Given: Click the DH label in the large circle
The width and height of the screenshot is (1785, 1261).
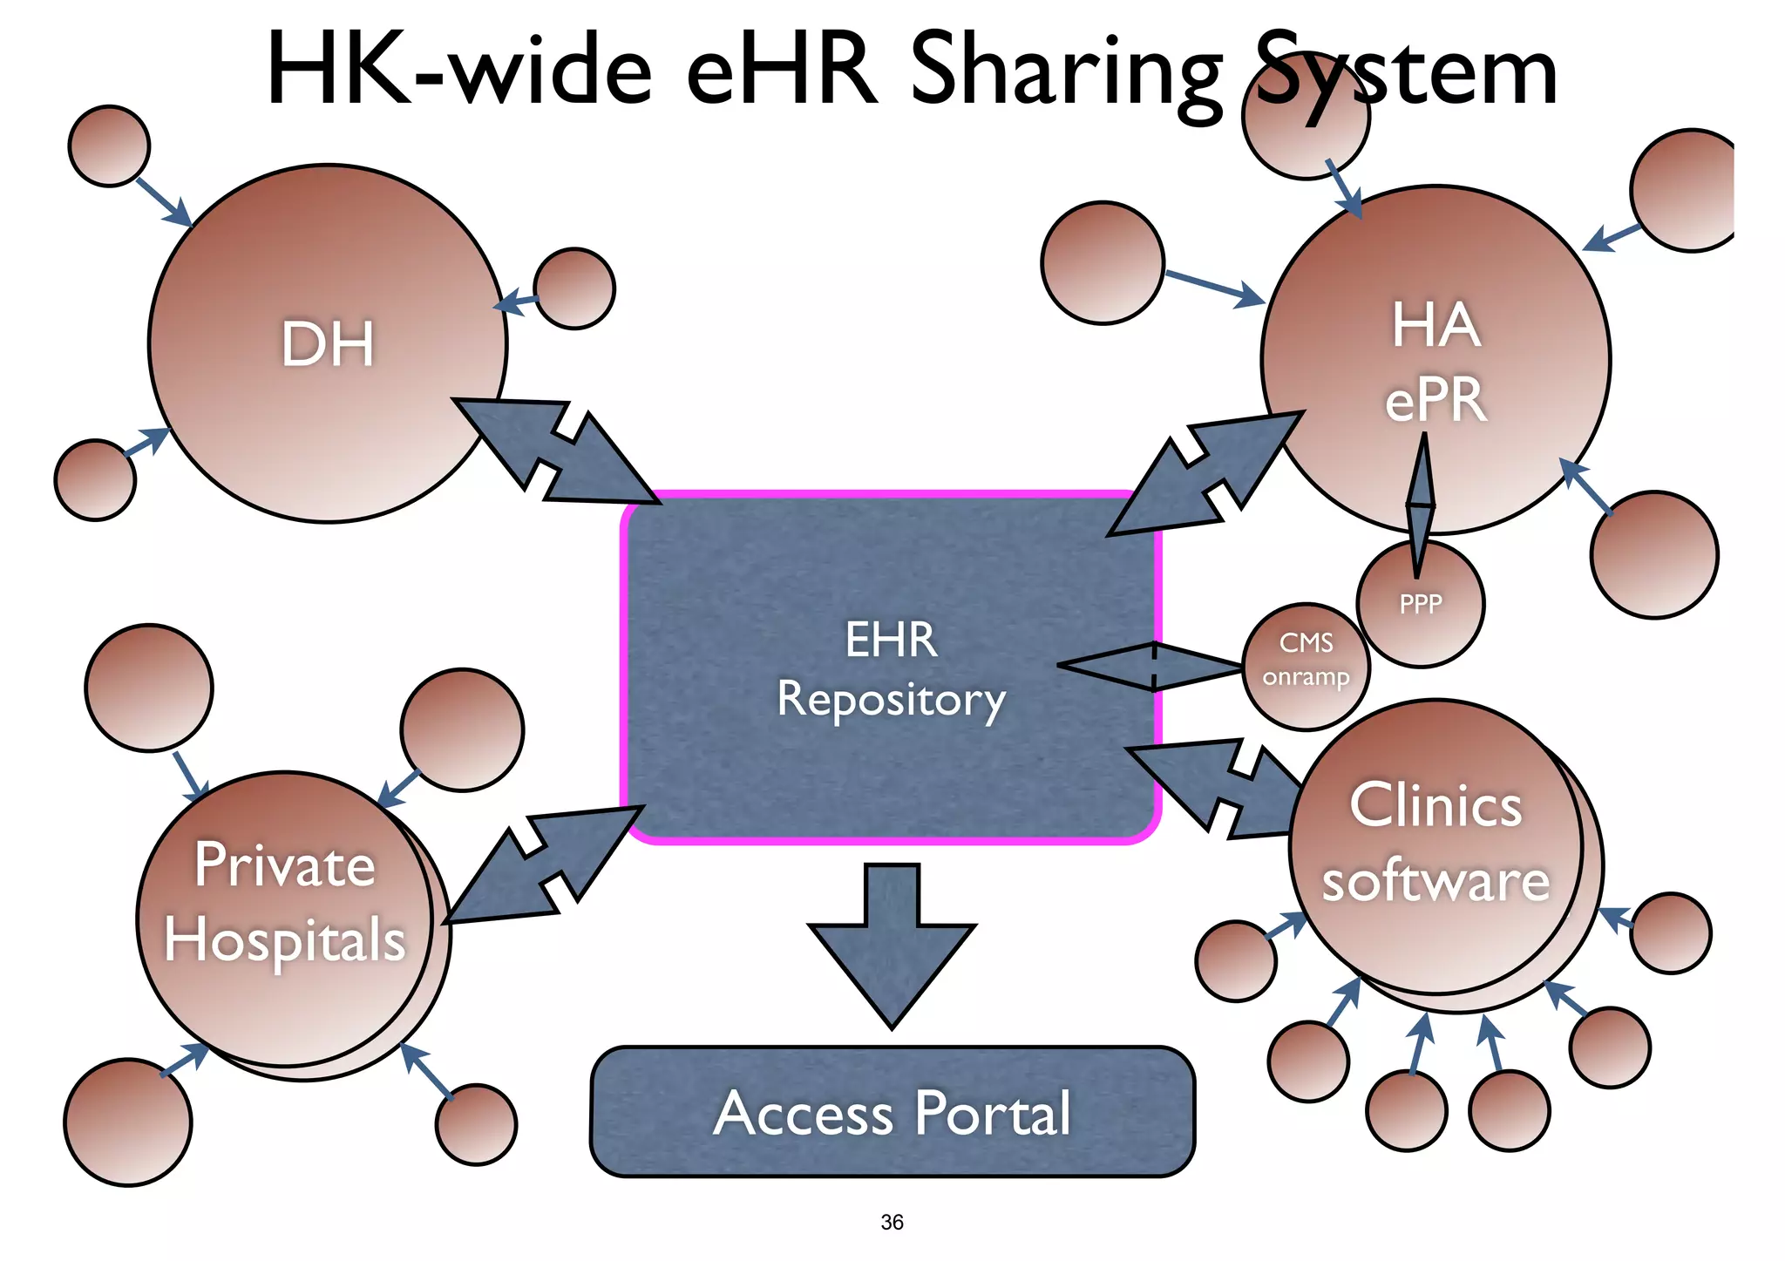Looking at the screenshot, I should pyautogui.click(x=328, y=343).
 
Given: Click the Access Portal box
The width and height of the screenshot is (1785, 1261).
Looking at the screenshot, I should pyautogui.click(x=892, y=1112).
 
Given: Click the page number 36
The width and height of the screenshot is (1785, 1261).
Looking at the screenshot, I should pyautogui.click(x=892, y=1222).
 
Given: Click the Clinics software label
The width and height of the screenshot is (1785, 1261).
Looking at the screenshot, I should pyautogui.click(x=1435, y=843).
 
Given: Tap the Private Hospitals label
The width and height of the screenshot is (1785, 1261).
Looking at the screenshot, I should pyautogui.click(x=285, y=903).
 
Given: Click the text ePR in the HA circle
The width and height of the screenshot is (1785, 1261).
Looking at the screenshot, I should pyautogui.click(x=1435, y=400).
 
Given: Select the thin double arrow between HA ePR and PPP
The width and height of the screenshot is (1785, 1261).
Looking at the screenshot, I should pyautogui.click(x=1420, y=505).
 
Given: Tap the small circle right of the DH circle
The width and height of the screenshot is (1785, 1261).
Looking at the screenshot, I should pyautogui.click(x=574, y=288).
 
